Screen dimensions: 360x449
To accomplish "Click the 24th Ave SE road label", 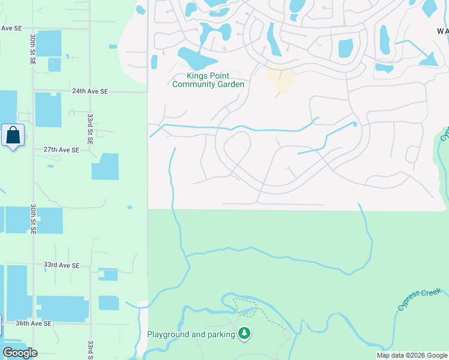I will tap(90, 91).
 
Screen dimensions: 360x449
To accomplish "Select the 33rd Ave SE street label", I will tap(61, 265).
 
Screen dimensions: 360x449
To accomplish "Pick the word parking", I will tap(218, 334).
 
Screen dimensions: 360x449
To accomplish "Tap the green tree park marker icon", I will tap(244, 333).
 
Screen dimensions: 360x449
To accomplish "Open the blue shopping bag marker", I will tap(13, 136).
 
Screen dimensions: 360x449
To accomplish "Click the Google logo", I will tap(20, 353).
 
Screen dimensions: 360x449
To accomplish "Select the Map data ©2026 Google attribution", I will tap(412, 355).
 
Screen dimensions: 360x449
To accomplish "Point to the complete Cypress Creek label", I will tap(419, 299).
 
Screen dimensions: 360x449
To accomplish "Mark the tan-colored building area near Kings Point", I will tap(280, 82).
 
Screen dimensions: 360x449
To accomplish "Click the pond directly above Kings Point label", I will tap(196, 59).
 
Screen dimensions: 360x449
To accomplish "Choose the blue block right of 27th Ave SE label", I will tap(105, 166).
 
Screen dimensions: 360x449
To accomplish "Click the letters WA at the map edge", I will tap(442, 31).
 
